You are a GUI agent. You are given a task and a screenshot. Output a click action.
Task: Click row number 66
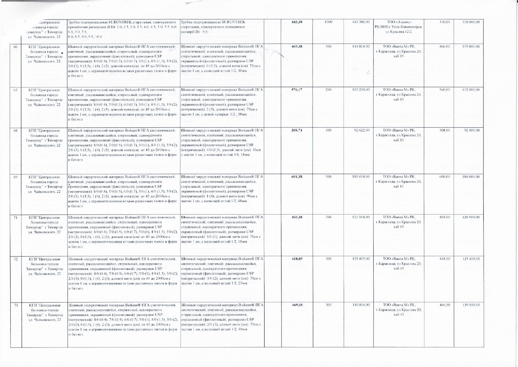tap(16, 47)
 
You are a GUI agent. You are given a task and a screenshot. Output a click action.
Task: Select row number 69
tap(16, 177)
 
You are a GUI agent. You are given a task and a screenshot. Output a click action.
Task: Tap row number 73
tap(16, 305)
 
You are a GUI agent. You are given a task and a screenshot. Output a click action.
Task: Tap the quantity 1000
tap(328, 22)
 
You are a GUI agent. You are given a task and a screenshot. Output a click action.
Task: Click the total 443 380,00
tap(361, 22)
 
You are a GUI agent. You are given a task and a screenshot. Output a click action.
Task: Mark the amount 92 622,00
tap(362, 130)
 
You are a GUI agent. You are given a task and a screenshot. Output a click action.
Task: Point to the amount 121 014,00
tap(361, 217)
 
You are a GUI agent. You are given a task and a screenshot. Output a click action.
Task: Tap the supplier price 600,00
tap(445, 177)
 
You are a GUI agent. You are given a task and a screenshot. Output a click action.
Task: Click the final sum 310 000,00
tap(471, 22)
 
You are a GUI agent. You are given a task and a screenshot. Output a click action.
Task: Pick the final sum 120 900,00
tap(471, 217)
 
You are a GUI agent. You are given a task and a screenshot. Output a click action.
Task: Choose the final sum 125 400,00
tap(471, 259)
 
